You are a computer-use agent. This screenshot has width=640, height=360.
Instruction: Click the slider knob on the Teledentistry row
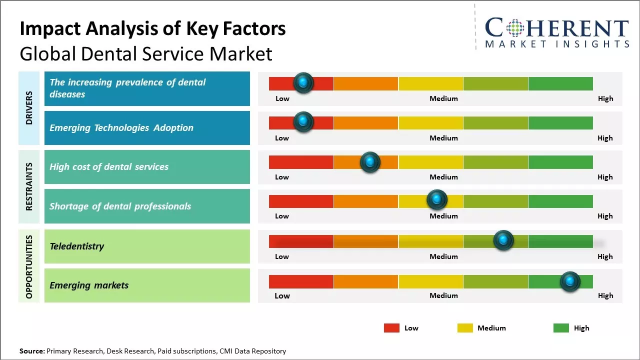[x=503, y=240]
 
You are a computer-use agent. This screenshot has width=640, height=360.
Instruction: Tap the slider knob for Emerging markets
[x=570, y=281]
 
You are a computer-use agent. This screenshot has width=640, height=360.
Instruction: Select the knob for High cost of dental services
[x=370, y=162]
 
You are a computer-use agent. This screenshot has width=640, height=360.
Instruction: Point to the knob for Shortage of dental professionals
[x=437, y=200]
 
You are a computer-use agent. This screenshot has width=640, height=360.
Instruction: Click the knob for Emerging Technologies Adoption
[x=303, y=122]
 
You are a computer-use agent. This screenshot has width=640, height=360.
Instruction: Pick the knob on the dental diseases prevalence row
[x=303, y=83]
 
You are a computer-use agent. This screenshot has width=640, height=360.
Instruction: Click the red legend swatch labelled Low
[x=391, y=328]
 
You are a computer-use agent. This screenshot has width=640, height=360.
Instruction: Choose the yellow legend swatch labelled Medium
[x=465, y=328]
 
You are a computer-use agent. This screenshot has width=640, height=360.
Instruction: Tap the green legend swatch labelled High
[x=561, y=328]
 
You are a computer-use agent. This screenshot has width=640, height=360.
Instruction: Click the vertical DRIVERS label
[x=29, y=107]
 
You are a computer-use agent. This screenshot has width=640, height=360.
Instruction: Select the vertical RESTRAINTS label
[x=29, y=186]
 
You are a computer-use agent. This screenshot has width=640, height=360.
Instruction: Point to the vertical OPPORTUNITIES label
[x=29, y=266]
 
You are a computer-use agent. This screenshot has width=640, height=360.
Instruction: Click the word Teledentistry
[x=76, y=246]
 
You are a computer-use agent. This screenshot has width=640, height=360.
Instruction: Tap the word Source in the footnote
[x=31, y=351]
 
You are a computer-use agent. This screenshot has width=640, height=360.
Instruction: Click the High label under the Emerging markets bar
[x=605, y=295]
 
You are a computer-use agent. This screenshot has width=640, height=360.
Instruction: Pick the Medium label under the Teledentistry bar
[x=443, y=256]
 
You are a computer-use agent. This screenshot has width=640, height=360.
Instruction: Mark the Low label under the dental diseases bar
[x=282, y=98]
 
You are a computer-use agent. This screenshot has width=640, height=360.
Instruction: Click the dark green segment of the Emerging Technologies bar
[x=560, y=122]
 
